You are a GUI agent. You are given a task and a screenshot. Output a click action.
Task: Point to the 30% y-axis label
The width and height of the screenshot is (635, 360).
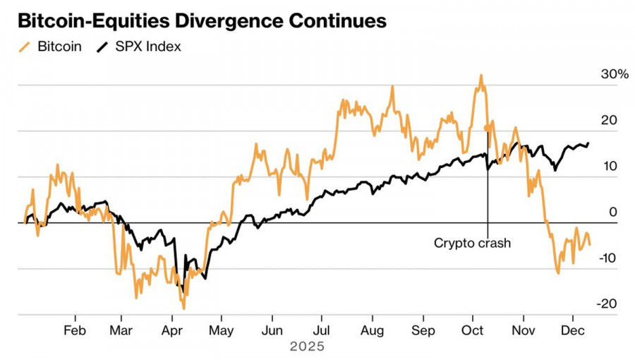614,74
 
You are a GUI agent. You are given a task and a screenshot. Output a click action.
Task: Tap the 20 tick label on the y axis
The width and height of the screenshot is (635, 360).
610,120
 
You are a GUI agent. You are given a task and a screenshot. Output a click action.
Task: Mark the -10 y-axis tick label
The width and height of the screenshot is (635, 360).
608,258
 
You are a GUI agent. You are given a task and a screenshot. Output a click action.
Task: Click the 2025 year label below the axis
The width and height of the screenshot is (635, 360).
307,347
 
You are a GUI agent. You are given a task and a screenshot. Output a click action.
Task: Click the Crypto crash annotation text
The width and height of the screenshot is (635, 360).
471,244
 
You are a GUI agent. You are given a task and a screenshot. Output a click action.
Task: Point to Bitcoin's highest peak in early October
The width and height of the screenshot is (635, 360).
480,76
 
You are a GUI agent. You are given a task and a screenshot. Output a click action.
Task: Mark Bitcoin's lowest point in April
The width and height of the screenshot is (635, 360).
184,308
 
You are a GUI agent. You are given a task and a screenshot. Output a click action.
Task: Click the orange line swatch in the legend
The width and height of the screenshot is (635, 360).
25,47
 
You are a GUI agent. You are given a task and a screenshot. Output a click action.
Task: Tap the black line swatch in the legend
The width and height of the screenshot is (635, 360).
103,47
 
